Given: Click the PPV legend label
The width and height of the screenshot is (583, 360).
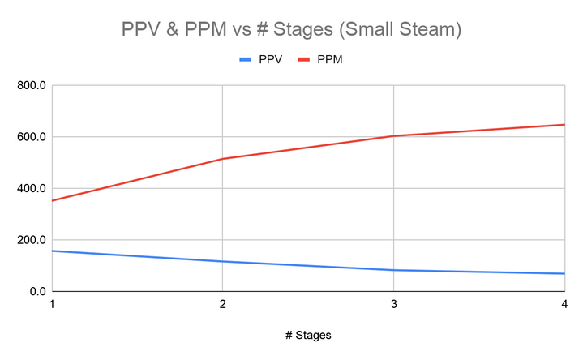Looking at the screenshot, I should point(270,60).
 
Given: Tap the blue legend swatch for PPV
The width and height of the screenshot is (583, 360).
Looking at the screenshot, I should point(246,60).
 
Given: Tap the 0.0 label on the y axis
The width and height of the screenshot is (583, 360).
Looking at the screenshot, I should point(36,291).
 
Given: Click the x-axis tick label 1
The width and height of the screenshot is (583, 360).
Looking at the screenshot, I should point(52,305).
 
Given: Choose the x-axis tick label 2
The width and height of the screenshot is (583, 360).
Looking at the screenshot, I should point(222,305).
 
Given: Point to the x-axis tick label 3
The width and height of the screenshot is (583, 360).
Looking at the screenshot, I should point(393,305).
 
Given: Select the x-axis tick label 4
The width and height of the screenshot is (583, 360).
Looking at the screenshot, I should point(564,305).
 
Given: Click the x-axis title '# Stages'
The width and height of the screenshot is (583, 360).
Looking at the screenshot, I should point(307,334).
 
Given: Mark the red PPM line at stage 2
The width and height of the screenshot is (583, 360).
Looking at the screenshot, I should point(222,159).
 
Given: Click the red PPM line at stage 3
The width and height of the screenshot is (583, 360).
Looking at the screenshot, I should point(393,136).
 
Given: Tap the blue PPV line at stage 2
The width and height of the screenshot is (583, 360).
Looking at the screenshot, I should point(222,261).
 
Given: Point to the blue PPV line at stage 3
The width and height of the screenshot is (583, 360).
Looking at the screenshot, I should point(393,270).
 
